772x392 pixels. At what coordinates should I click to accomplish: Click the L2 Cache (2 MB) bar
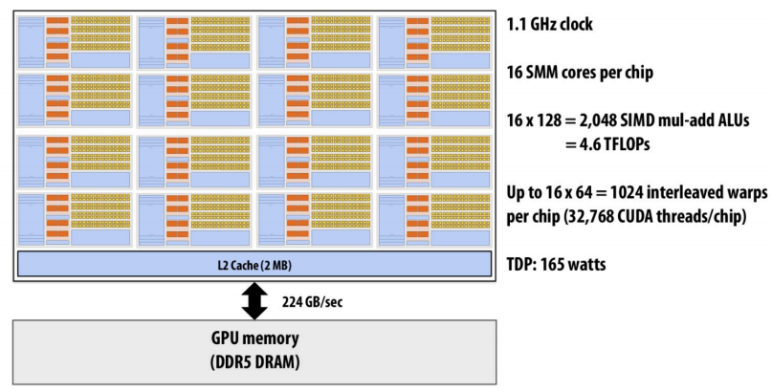(254, 264)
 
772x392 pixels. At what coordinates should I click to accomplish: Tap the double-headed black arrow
(254, 301)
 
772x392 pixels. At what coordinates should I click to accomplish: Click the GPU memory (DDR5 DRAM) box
(254, 351)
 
